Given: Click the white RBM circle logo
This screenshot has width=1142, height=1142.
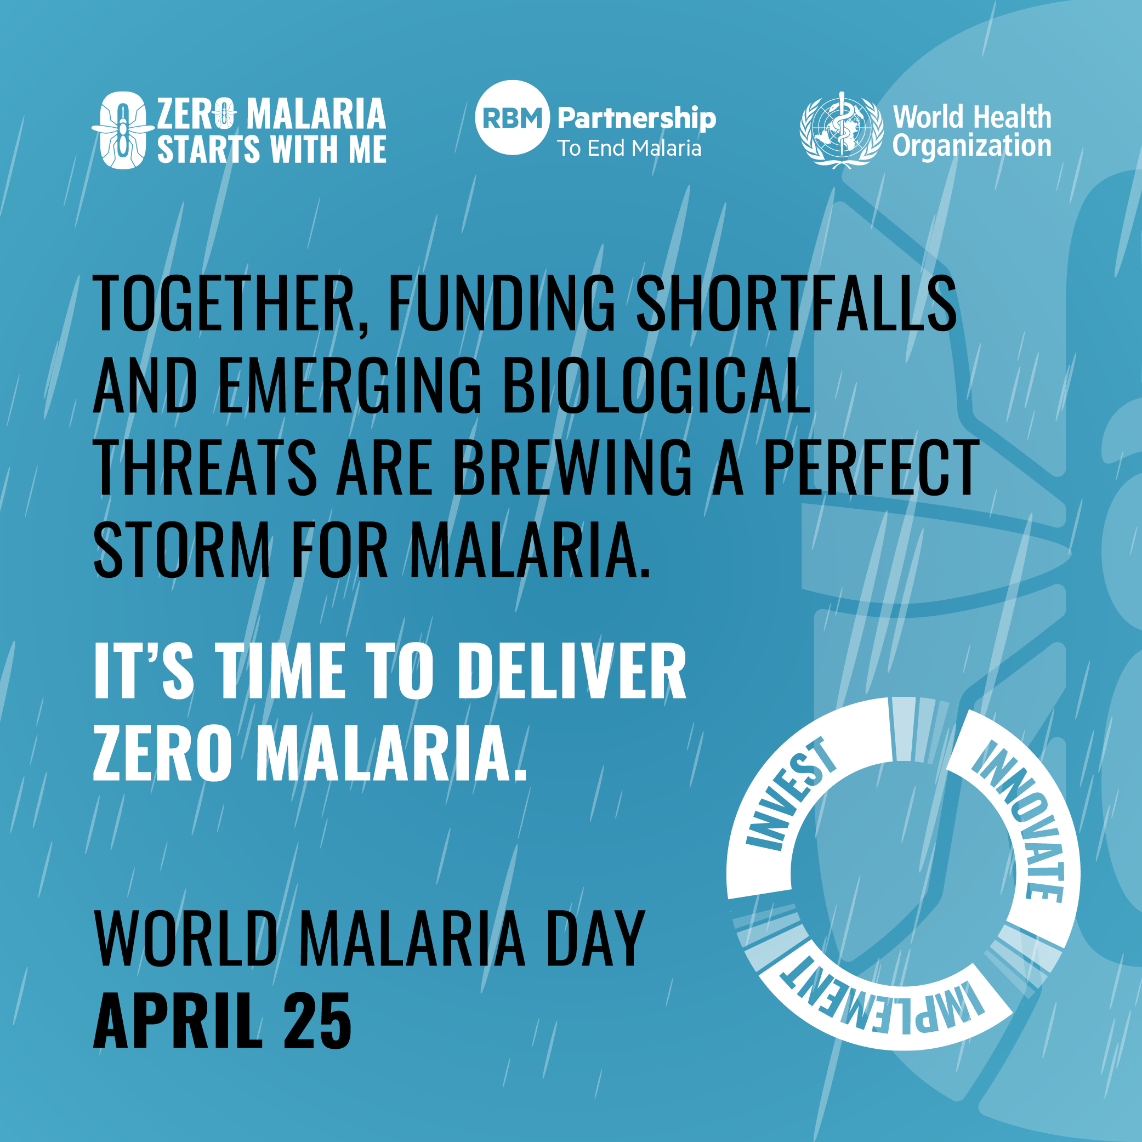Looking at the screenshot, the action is coord(512,118).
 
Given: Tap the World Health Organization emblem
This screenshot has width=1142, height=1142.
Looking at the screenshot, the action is coord(841,130).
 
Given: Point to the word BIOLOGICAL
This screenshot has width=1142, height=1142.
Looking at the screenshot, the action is coord(656,385).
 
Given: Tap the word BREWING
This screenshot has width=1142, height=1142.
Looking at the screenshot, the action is coord(572,467).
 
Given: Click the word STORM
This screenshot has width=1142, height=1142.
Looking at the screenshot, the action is coord(182,549).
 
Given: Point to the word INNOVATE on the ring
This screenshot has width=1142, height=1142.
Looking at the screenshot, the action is coord(1019,820).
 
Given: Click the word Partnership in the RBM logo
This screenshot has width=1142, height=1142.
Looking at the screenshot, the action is coord(637,118).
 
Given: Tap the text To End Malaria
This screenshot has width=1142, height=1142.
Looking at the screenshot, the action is coord(629,148).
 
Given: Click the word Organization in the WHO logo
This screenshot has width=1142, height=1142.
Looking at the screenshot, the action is coord(971,146).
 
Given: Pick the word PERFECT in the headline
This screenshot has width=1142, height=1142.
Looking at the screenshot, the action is coord(871,467).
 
